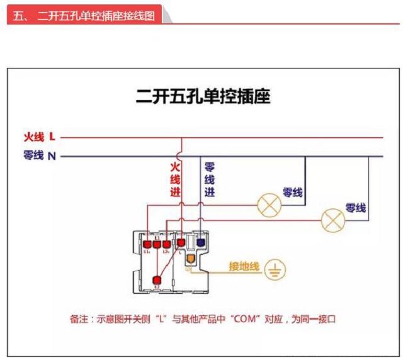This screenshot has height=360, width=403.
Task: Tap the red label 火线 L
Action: point(39,137)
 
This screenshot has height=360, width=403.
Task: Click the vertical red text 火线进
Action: point(174,180)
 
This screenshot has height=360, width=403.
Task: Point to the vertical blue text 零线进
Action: point(209,180)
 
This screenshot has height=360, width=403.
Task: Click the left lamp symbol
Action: point(270,204)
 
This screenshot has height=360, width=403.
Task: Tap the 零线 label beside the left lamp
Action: point(292,192)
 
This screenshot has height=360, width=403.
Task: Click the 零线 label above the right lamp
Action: point(355,208)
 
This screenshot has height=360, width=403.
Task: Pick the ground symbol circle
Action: point(275,269)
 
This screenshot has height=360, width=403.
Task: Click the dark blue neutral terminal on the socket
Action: point(201,242)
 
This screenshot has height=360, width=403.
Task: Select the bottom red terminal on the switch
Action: point(157,281)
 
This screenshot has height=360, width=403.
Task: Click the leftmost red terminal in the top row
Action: point(147,244)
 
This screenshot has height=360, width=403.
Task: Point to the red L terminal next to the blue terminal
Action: point(181,242)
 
